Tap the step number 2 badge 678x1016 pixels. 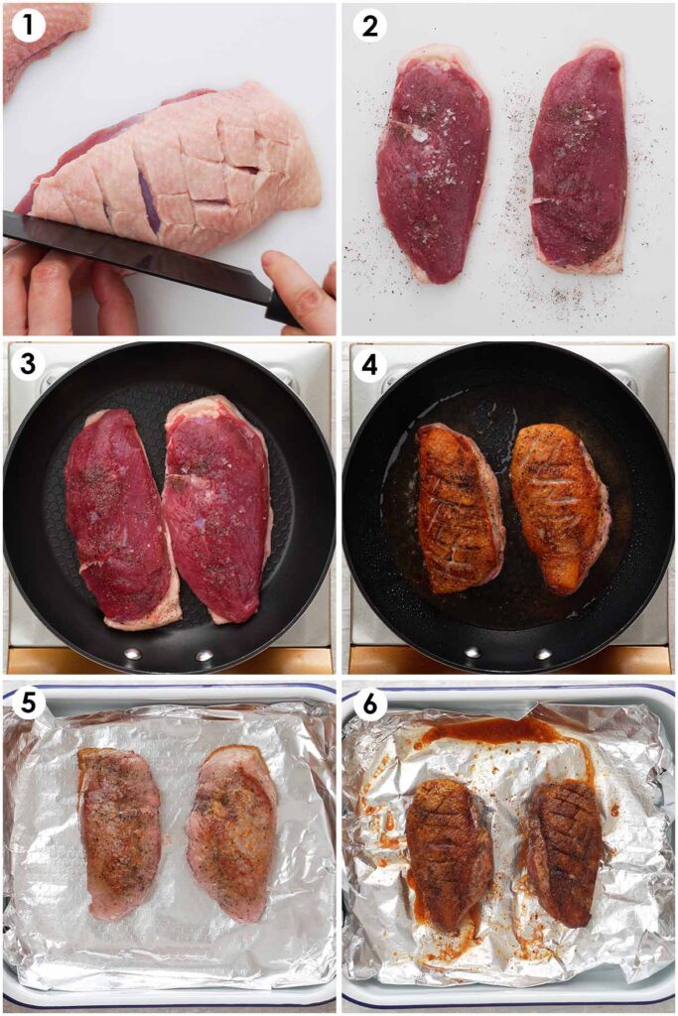pos(369,25)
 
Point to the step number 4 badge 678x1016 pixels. pos(369,365)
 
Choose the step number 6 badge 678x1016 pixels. pos(369,703)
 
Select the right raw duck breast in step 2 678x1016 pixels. pos(578,159)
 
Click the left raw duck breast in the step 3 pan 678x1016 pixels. pos(119,516)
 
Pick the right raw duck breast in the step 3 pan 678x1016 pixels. pos(216,506)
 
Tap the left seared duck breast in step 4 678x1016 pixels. pos(459,506)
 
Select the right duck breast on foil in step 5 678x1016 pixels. pos(234,828)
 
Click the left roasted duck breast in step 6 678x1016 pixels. pos(449,853)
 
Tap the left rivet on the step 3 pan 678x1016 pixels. pos(132,654)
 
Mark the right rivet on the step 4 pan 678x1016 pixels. pos(543,654)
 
